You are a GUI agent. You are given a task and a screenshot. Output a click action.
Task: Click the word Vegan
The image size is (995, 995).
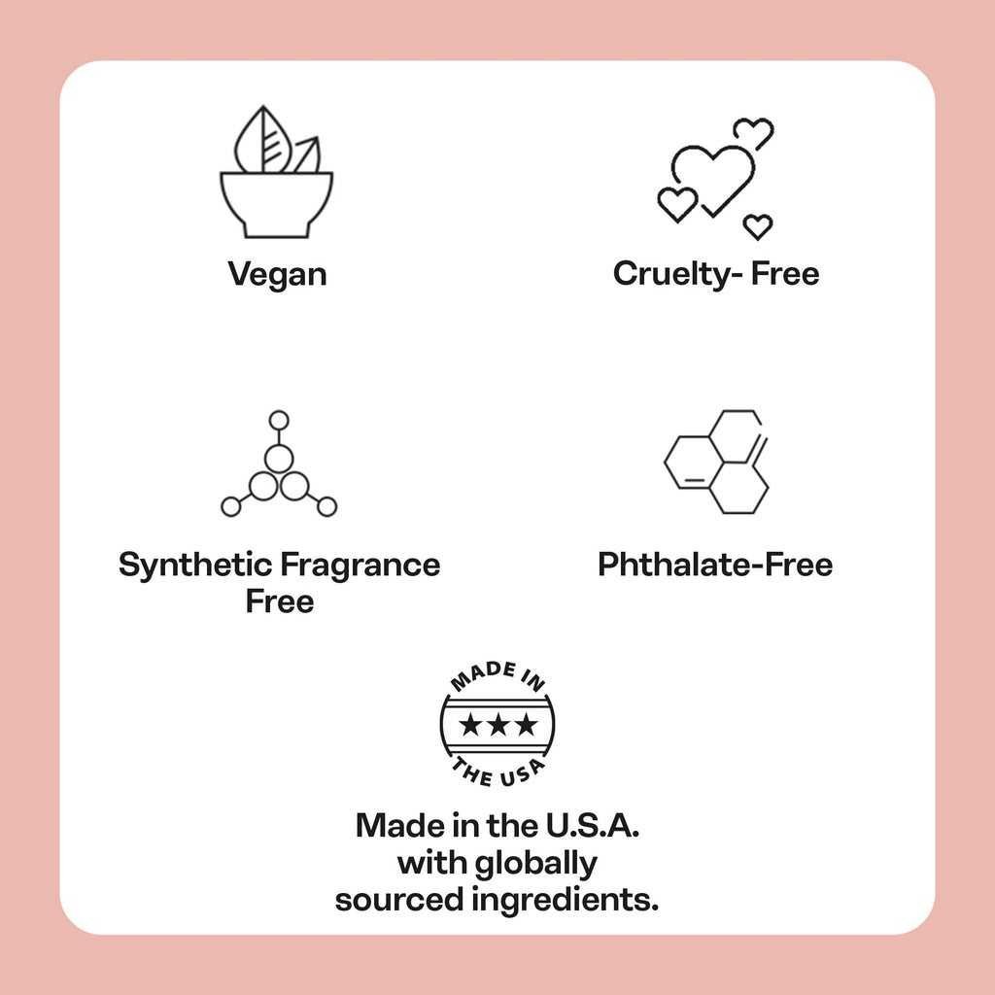[x=277, y=275]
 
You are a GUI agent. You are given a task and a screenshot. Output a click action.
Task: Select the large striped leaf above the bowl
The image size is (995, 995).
[x=262, y=141]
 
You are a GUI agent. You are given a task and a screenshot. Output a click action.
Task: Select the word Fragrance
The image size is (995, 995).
[x=360, y=565]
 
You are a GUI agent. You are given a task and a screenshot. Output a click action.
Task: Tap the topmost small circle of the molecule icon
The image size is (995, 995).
[x=279, y=420]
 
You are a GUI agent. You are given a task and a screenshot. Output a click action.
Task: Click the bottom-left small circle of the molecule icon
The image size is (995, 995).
[x=231, y=506]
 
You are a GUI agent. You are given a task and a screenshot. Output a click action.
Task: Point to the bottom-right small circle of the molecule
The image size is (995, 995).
[x=326, y=506]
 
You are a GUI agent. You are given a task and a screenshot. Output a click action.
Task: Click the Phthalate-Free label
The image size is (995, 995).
[x=715, y=565]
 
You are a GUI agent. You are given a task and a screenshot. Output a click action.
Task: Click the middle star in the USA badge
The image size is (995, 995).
[x=497, y=725]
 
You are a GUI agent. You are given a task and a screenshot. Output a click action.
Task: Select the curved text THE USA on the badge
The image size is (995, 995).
[x=497, y=773]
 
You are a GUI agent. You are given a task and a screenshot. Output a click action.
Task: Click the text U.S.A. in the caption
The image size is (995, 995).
[x=592, y=826]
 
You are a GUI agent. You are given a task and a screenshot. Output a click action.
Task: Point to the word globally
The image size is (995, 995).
[x=536, y=864]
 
